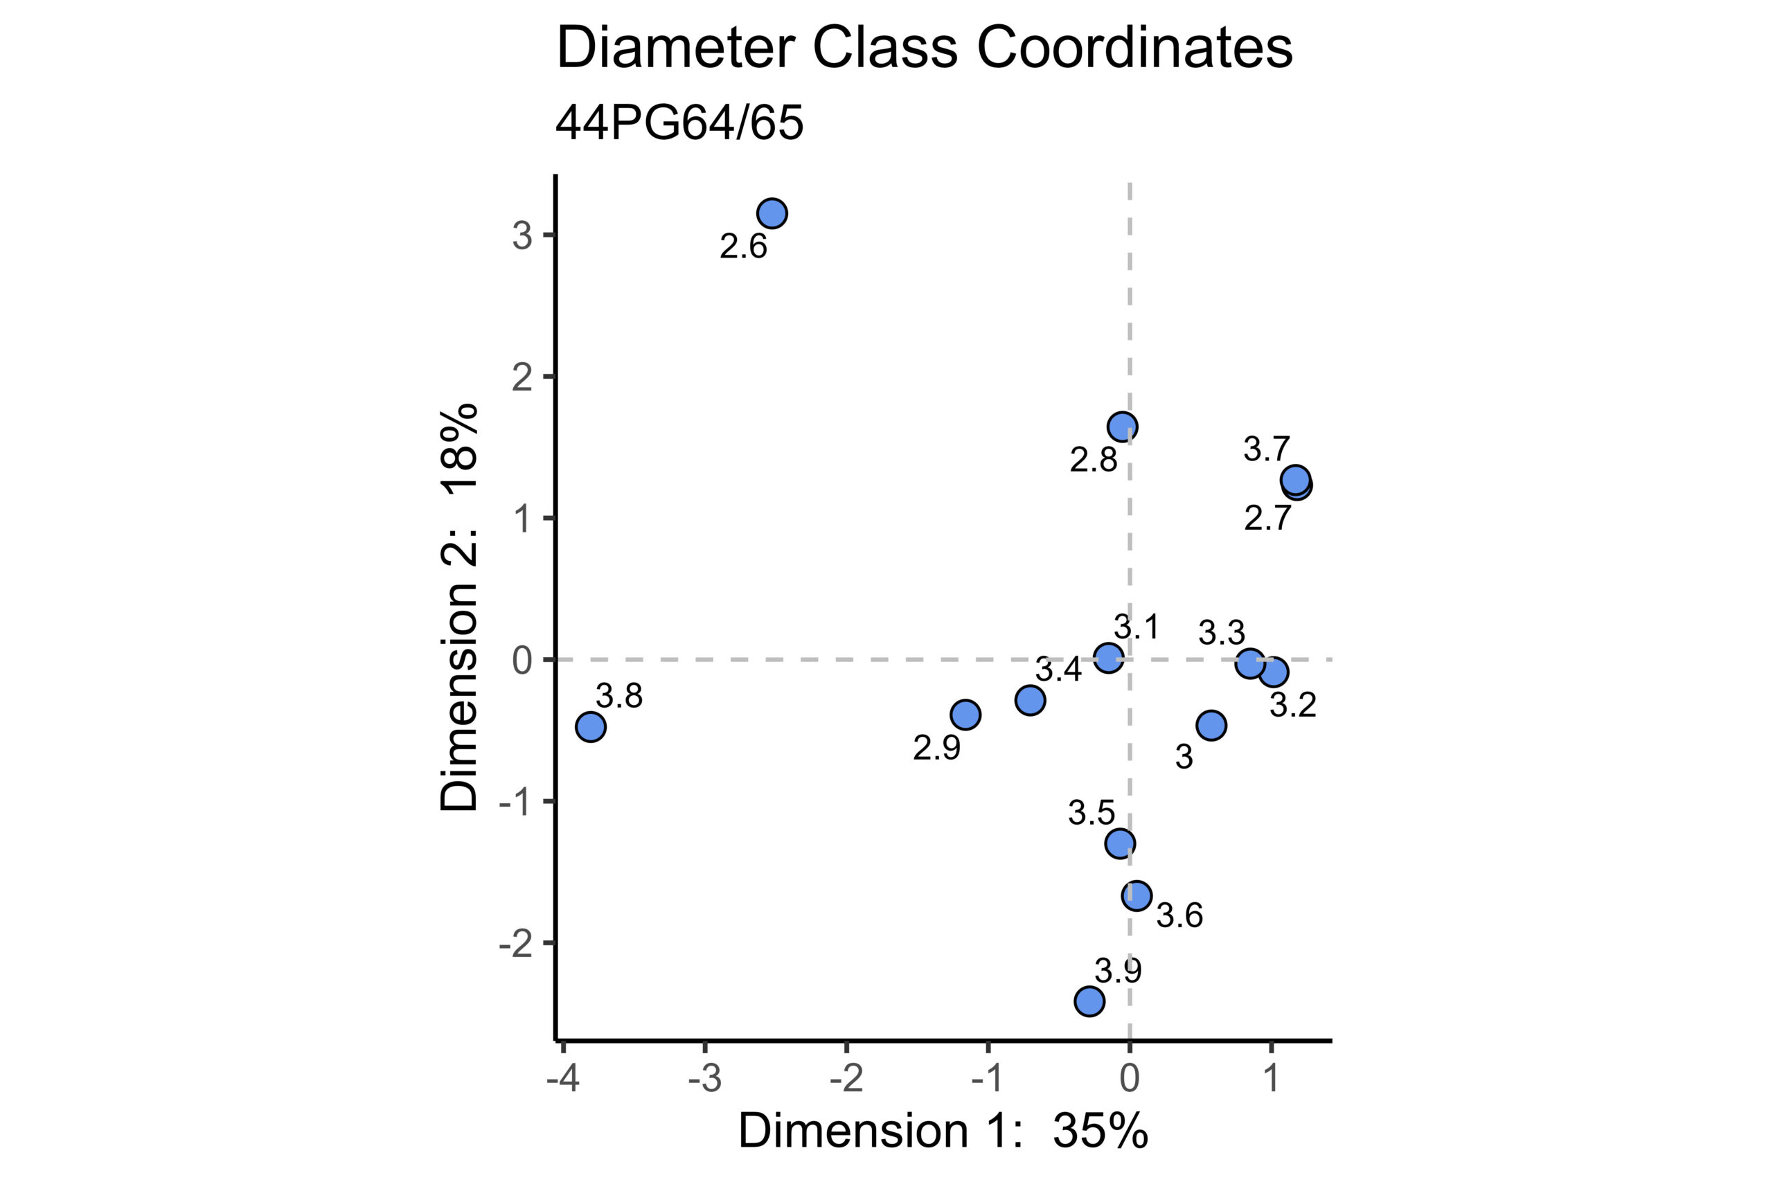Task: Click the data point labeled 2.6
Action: click(772, 213)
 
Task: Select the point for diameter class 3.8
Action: click(591, 726)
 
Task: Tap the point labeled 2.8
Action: click(1123, 427)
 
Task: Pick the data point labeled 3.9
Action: click(1089, 1001)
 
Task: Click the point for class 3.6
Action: click(1137, 895)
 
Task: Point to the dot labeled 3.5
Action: click(1120, 843)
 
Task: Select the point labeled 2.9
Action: click(965, 714)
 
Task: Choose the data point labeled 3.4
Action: click(1030, 700)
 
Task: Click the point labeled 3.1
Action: click(1108, 658)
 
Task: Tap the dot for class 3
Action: click(1211, 725)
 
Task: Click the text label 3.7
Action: click(1267, 450)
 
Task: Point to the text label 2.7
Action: click(1267, 519)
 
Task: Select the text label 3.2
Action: click(1293, 706)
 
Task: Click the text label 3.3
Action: click(1222, 633)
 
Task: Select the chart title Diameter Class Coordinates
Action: click(924, 48)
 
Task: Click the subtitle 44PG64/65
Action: click(679, 123)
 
